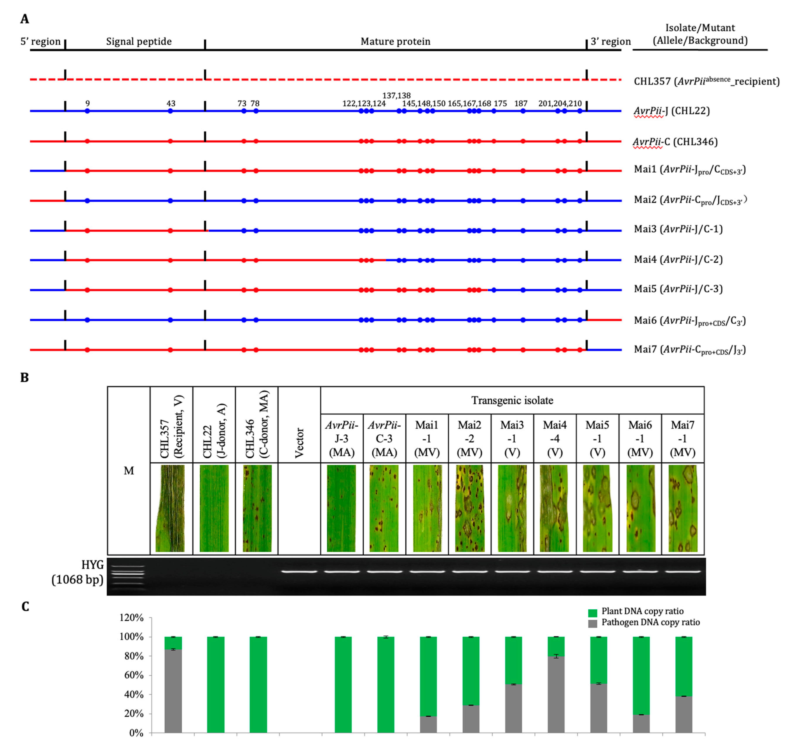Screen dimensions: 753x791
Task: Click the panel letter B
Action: pyautogui.click(x=24, y=378)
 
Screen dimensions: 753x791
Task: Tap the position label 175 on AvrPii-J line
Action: pyautogui.click(x=500, y=104)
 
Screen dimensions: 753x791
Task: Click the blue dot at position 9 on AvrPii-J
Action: pyautogui.click(x=87, y=111)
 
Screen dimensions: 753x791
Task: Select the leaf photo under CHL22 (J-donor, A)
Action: pyautogui.click(x=214, y=508)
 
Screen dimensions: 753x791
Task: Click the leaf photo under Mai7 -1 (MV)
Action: pyautogui.click(x=683, y=508)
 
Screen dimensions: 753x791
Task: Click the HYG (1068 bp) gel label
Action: pyautogui.click(x=78, y=572)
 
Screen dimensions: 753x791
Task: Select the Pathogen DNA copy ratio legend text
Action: pyautogui.click(x=650, y=623)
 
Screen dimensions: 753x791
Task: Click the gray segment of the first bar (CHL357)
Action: pyautogui.click(x=173, y=690)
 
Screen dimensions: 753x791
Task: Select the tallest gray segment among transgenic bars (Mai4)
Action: pyautogui.click(x=556, y=694)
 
